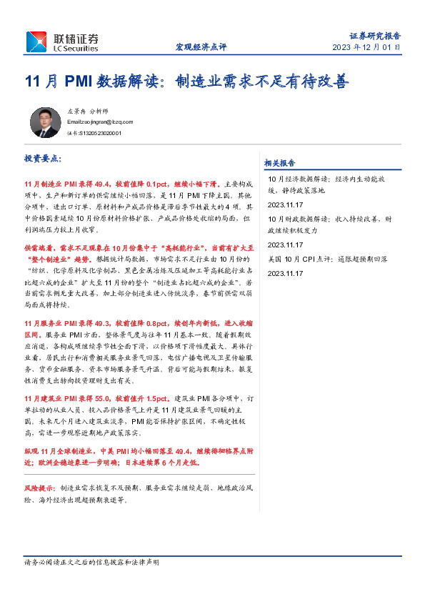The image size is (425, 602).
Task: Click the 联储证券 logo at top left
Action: (x=63, y=41)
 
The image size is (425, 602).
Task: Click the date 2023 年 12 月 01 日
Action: (x=366, y=47)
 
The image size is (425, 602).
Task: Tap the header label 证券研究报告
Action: (x=375, y=35)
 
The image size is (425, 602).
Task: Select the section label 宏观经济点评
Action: (x=201, y=47)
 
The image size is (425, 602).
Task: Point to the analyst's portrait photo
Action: (x=46, y=122)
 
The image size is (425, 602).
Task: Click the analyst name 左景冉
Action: (x=75, y=112)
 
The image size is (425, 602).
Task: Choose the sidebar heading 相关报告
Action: (x=280, y=162)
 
